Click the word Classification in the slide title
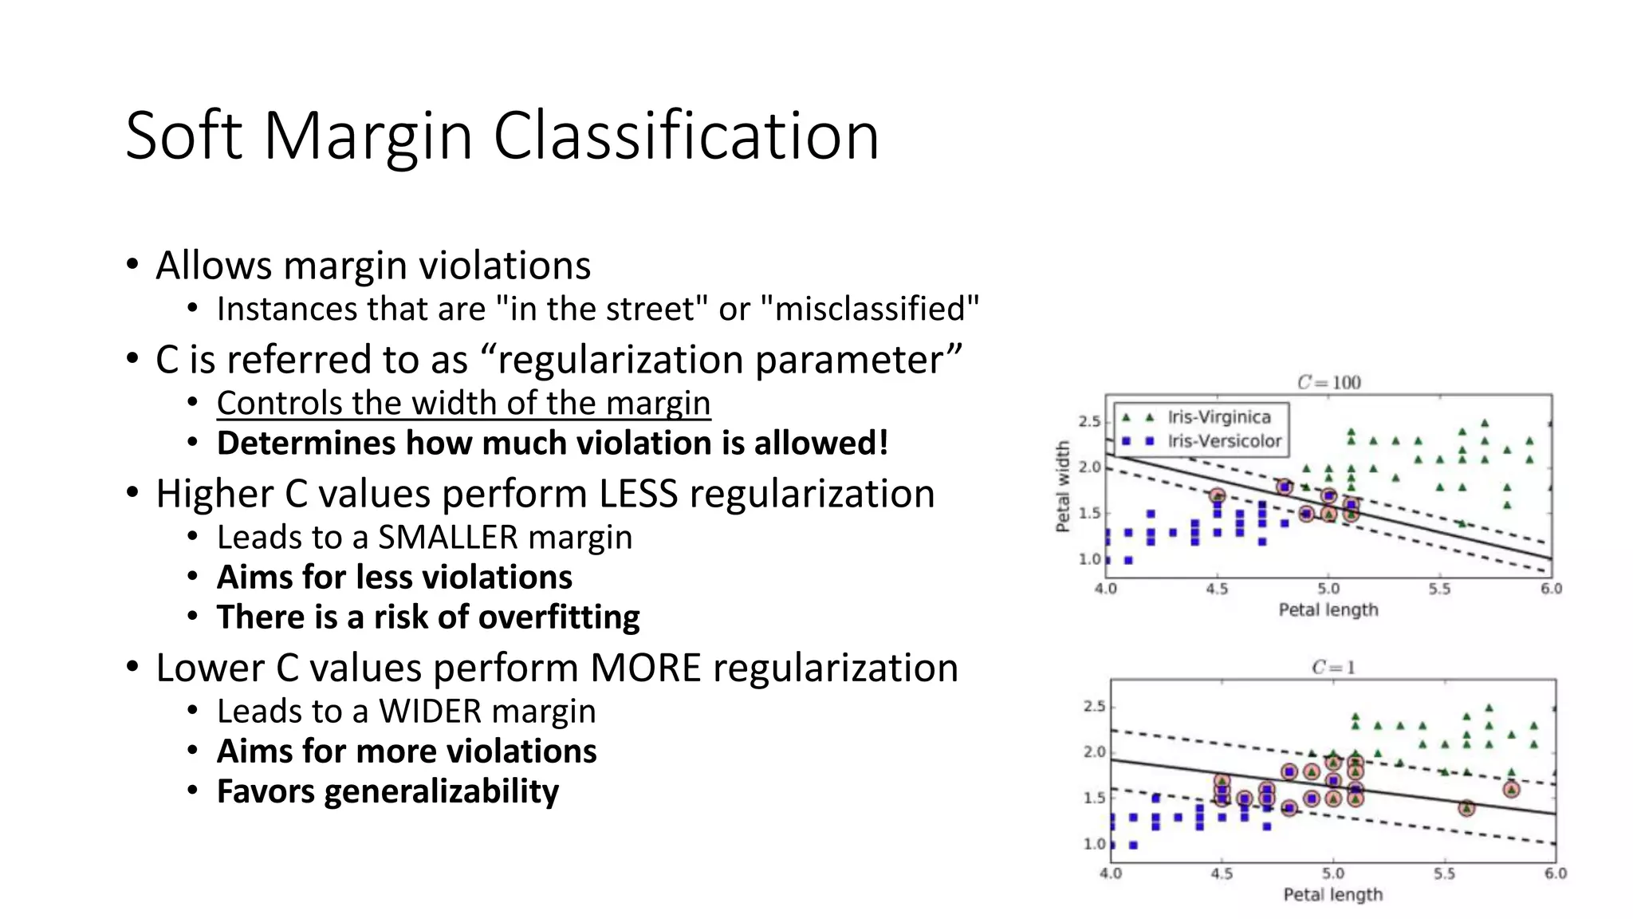point(686,136)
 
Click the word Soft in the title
point(183,136)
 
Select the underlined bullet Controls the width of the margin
point(463,403)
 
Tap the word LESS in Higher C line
point(638,494)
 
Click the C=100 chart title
point(1328,382)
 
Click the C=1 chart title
point(1333,667)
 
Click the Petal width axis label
point(1062,487)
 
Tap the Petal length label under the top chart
point(1328,609)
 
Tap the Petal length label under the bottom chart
point(1332,894)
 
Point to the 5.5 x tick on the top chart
point(1439,590)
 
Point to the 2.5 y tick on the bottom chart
point(1094,707)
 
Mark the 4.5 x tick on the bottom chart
point(1222,874)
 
